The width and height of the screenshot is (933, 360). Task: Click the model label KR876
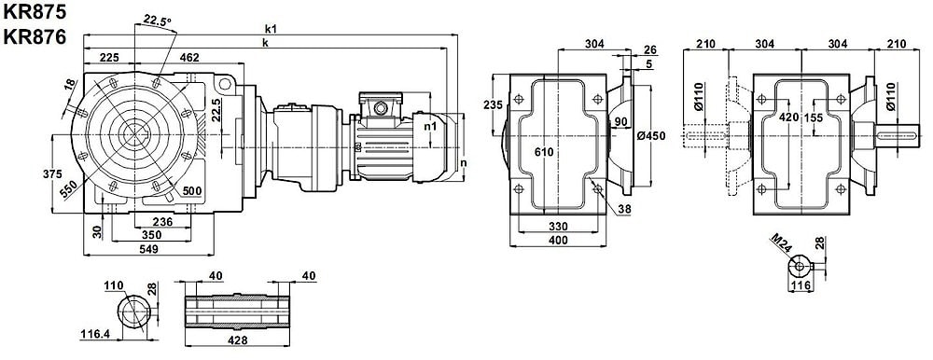pyautogui.click(x=34, y=37)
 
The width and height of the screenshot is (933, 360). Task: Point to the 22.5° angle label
pyautogui.click(x=157, y=21)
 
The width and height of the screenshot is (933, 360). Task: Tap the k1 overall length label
pyautogui.click(x=272, y=28)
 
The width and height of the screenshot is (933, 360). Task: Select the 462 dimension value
pyautogui.click(x=189, y=57)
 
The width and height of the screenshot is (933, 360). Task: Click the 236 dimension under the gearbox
pyautogui.click(x=161, y=222)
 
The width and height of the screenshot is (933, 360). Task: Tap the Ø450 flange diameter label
pyautogui.click(x=650, y=136)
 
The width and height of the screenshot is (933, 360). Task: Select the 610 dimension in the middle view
pyautogui.click(x=544, y=152)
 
